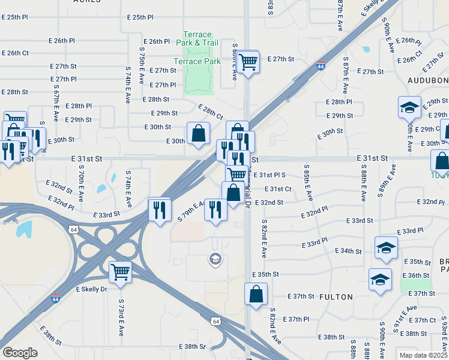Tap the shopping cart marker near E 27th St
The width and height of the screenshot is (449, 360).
point(248,62)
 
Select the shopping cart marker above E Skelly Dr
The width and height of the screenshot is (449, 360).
point(120,271)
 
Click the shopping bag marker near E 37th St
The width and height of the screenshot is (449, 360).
point(256,295)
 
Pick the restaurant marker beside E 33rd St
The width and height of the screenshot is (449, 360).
point(159,210)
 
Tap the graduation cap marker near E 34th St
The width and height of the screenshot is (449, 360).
point(385,248)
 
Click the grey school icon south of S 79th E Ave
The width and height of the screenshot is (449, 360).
point(214,259)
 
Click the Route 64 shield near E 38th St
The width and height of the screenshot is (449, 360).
point(215,322)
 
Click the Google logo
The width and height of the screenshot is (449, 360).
point(20,353)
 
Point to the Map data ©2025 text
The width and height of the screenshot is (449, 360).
point(423,355)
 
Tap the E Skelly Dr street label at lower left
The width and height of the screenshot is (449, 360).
point(91,289)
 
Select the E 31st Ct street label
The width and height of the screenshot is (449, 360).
point(277,189)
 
